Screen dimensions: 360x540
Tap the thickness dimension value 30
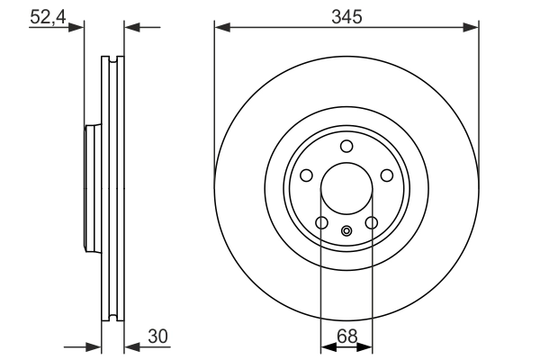pos(157,337)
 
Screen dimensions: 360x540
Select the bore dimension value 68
pos(346,337)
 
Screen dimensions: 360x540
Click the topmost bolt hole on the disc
pos(346,148)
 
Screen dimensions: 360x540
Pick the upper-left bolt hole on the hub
pos(305,176)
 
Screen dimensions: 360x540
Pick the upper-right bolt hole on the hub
pos(388,176)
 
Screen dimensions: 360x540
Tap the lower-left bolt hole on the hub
pos(321,224)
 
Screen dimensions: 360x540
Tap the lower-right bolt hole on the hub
pos(372,224)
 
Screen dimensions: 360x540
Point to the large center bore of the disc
pos(346,191)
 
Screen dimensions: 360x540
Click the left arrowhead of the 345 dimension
pos(220,28)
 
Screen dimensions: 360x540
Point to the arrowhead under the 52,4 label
pos(78,28)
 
